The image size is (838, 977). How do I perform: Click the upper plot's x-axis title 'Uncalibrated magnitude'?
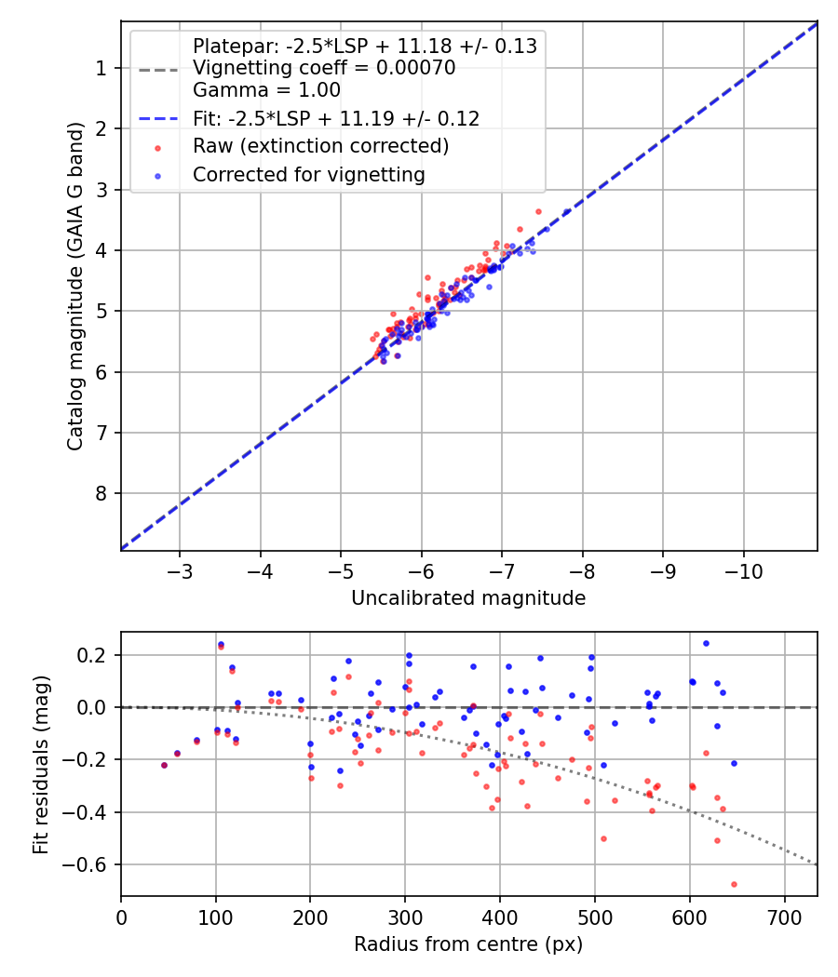click(x=468, y=598)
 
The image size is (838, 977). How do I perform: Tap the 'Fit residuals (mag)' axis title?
click(x=39, y=763)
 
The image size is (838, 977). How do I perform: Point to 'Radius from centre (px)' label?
click(x=468, y=944)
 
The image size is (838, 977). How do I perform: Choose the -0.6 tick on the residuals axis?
click(x=91, y=865)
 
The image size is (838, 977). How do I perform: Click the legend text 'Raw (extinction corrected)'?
click(x=320, y=146)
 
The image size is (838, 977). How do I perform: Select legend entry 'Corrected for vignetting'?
click(x=308, y=174)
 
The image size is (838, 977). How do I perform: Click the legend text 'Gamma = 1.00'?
click(x=266, y=90)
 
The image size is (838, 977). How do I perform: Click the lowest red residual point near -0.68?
click(x=734, y=884)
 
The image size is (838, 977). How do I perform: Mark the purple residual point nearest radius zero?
click(x=164, y=765)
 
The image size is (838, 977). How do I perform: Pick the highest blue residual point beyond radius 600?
click(x=706, y=643)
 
